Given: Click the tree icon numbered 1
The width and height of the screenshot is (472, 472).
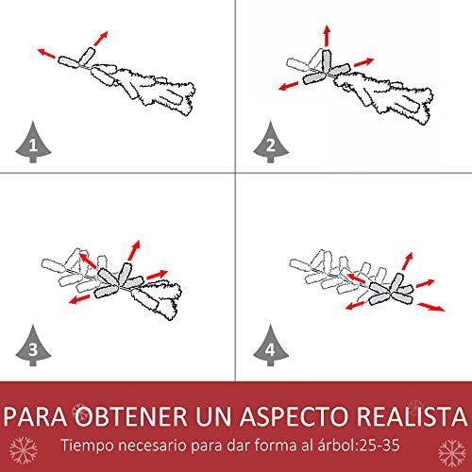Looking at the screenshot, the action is tap(33, 143).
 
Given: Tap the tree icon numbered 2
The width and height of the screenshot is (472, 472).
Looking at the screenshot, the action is tap(271, 143).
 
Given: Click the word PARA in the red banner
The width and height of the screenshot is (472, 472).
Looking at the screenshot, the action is tap(35, 416).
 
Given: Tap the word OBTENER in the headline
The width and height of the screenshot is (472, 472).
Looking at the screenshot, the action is tap(131, 416).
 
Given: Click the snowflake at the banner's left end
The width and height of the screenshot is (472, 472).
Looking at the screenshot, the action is tap(23, 450).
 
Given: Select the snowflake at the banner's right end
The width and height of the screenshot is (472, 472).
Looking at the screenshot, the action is tap(452, 453).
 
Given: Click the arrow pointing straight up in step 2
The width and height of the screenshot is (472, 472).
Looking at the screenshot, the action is tap(327, 36).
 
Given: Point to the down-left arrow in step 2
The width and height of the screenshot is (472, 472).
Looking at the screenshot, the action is tap(289, 86).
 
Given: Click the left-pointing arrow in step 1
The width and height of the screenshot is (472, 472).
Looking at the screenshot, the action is tap(46, 54).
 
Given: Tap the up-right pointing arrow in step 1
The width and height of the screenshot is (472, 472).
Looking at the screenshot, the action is tap(101, 38).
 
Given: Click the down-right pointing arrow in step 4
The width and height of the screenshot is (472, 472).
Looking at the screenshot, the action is tap(431, 307).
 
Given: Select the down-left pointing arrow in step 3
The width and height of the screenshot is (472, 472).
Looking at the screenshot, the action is tap(79, 299).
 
